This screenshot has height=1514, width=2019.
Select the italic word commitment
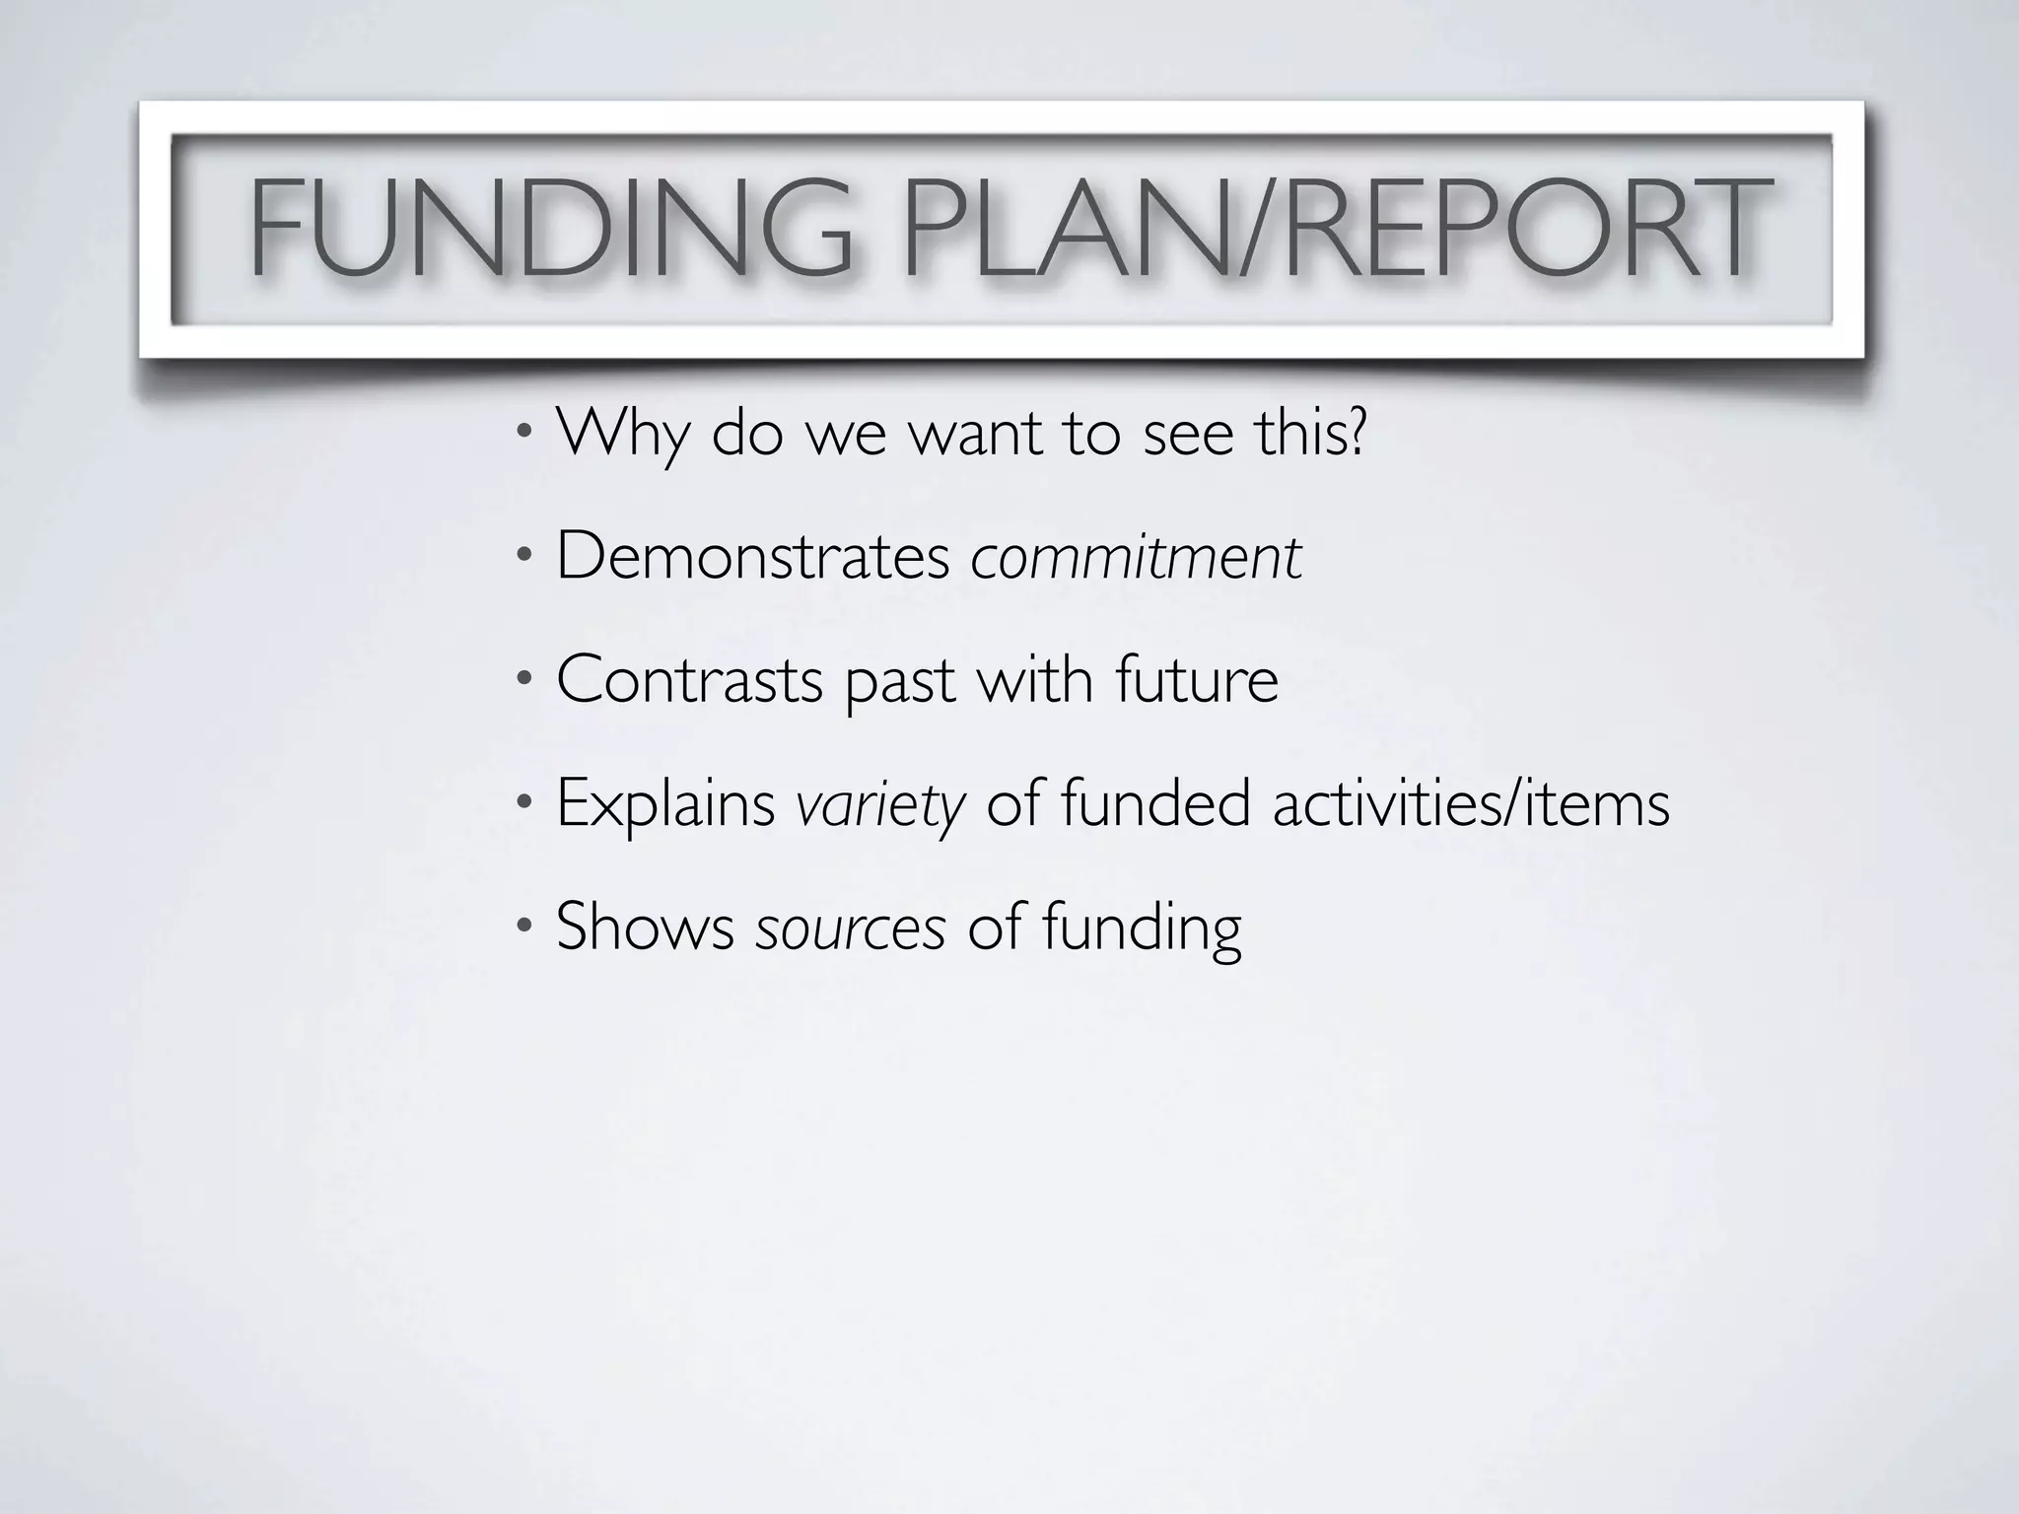(x=1137, y=558)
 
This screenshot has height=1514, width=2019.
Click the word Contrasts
(x=689, y=680)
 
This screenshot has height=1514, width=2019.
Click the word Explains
(x=665, y=804)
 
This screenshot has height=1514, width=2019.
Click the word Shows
(x=645, y=927)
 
